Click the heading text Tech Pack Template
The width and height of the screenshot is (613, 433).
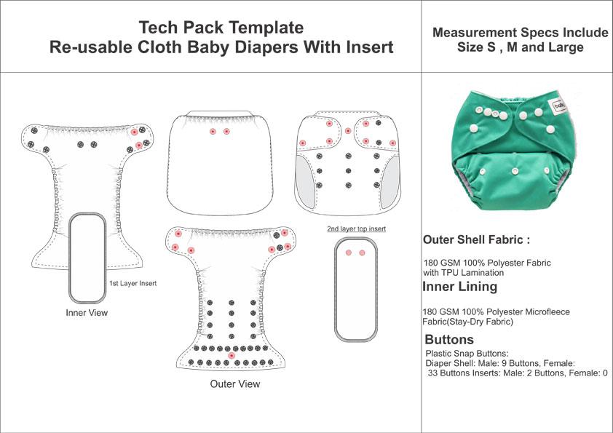pos(221,28)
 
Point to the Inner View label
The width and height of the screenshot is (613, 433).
pos(86,313)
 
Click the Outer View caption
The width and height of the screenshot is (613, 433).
pos(234,384)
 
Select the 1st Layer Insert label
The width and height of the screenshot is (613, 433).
pos(134,282)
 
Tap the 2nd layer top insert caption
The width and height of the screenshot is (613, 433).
pos(356,229)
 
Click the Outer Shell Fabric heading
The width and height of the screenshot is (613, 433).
pos(471,240)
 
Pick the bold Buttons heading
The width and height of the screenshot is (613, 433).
pos(448,340)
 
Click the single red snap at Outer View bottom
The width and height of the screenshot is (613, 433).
pos(232,355)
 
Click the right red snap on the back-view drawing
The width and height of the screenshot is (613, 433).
pos(226,132)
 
